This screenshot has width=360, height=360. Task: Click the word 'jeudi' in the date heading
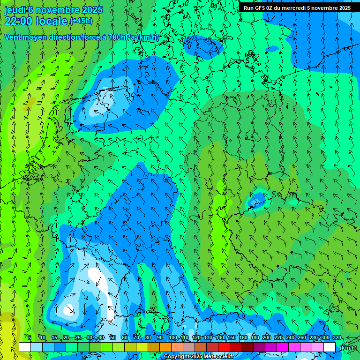pos(15,10)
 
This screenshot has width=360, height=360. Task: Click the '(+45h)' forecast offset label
pos(81,21)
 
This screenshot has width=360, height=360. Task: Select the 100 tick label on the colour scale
pos(173,338)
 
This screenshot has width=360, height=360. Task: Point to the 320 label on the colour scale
pos(337,338)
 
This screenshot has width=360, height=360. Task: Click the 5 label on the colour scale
pos(29,338)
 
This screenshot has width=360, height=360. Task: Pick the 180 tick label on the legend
pos(255,338)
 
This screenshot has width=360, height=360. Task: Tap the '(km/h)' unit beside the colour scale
pos(347,348)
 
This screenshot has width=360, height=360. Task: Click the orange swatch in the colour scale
pos(165,347)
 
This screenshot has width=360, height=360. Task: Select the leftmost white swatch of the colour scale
pos(25,347)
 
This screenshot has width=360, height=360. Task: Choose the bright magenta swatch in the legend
pos(283,347)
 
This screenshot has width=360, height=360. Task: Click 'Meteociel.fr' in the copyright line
pos(218,357)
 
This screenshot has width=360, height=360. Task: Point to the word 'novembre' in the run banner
pos(323,8)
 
